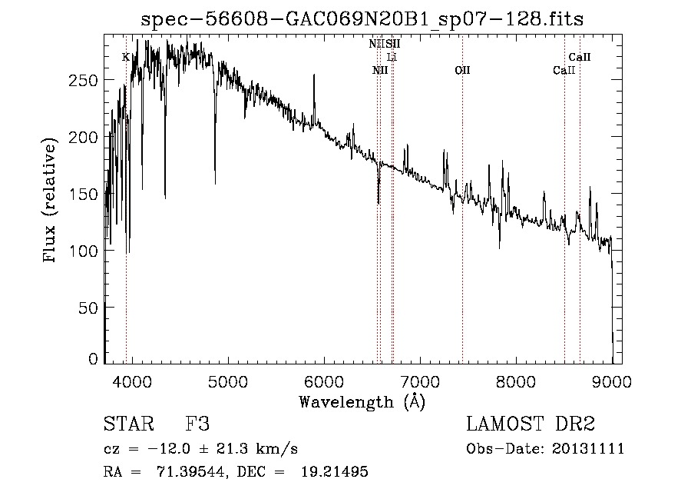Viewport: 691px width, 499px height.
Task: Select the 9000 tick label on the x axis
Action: point(612,379)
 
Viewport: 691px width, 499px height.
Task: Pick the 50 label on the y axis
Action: point(91,308)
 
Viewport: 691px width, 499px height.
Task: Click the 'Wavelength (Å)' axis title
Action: point(362,401)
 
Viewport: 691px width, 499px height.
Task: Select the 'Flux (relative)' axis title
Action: point(51,201)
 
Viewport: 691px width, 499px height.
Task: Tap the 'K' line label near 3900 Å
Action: point(126,57)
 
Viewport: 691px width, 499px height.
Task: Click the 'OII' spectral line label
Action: point(462,71)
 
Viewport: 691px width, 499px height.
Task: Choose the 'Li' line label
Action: point(392,58)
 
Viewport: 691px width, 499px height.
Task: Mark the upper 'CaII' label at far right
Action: point(580,57)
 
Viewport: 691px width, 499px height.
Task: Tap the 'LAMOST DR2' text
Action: point(531,424)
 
